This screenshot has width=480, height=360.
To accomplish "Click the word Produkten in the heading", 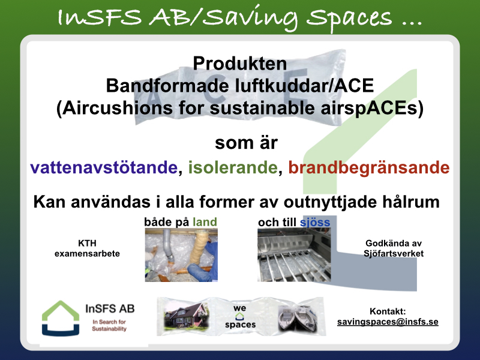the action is click(239, 64).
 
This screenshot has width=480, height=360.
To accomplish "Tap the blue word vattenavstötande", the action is click(104, 167).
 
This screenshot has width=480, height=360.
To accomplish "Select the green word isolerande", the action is click(233, 167).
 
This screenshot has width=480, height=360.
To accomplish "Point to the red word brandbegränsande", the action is click(369, 168).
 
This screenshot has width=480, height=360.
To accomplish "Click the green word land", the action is click(205, 221).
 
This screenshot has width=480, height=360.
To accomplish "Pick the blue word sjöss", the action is click(315, 222).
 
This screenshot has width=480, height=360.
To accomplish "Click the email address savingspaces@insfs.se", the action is click(388, 322).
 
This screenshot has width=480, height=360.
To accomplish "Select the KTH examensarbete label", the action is click(87, 248).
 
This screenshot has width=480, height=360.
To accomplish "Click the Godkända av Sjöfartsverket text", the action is click(394, 248).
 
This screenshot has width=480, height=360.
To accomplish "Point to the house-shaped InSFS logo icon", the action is click(61, 319).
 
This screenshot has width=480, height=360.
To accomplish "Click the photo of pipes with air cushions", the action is click(181, 254).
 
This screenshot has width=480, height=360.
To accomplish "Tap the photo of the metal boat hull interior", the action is click(294, 254).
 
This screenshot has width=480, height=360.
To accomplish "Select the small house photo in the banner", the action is click(186, 317).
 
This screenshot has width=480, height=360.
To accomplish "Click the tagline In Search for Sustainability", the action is click(109, 325).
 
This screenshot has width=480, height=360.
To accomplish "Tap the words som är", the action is click(246, 143).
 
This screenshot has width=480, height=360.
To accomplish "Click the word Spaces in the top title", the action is click(349, 18).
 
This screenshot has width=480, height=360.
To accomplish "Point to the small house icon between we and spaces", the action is click(239, 316).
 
